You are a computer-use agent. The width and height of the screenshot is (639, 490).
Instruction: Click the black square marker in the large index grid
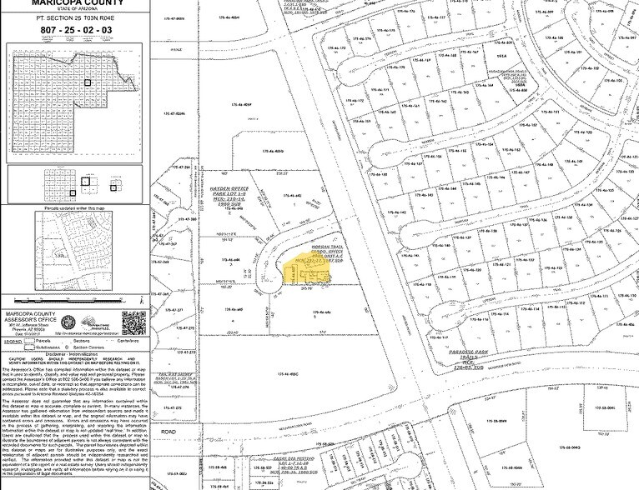point(88,83)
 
